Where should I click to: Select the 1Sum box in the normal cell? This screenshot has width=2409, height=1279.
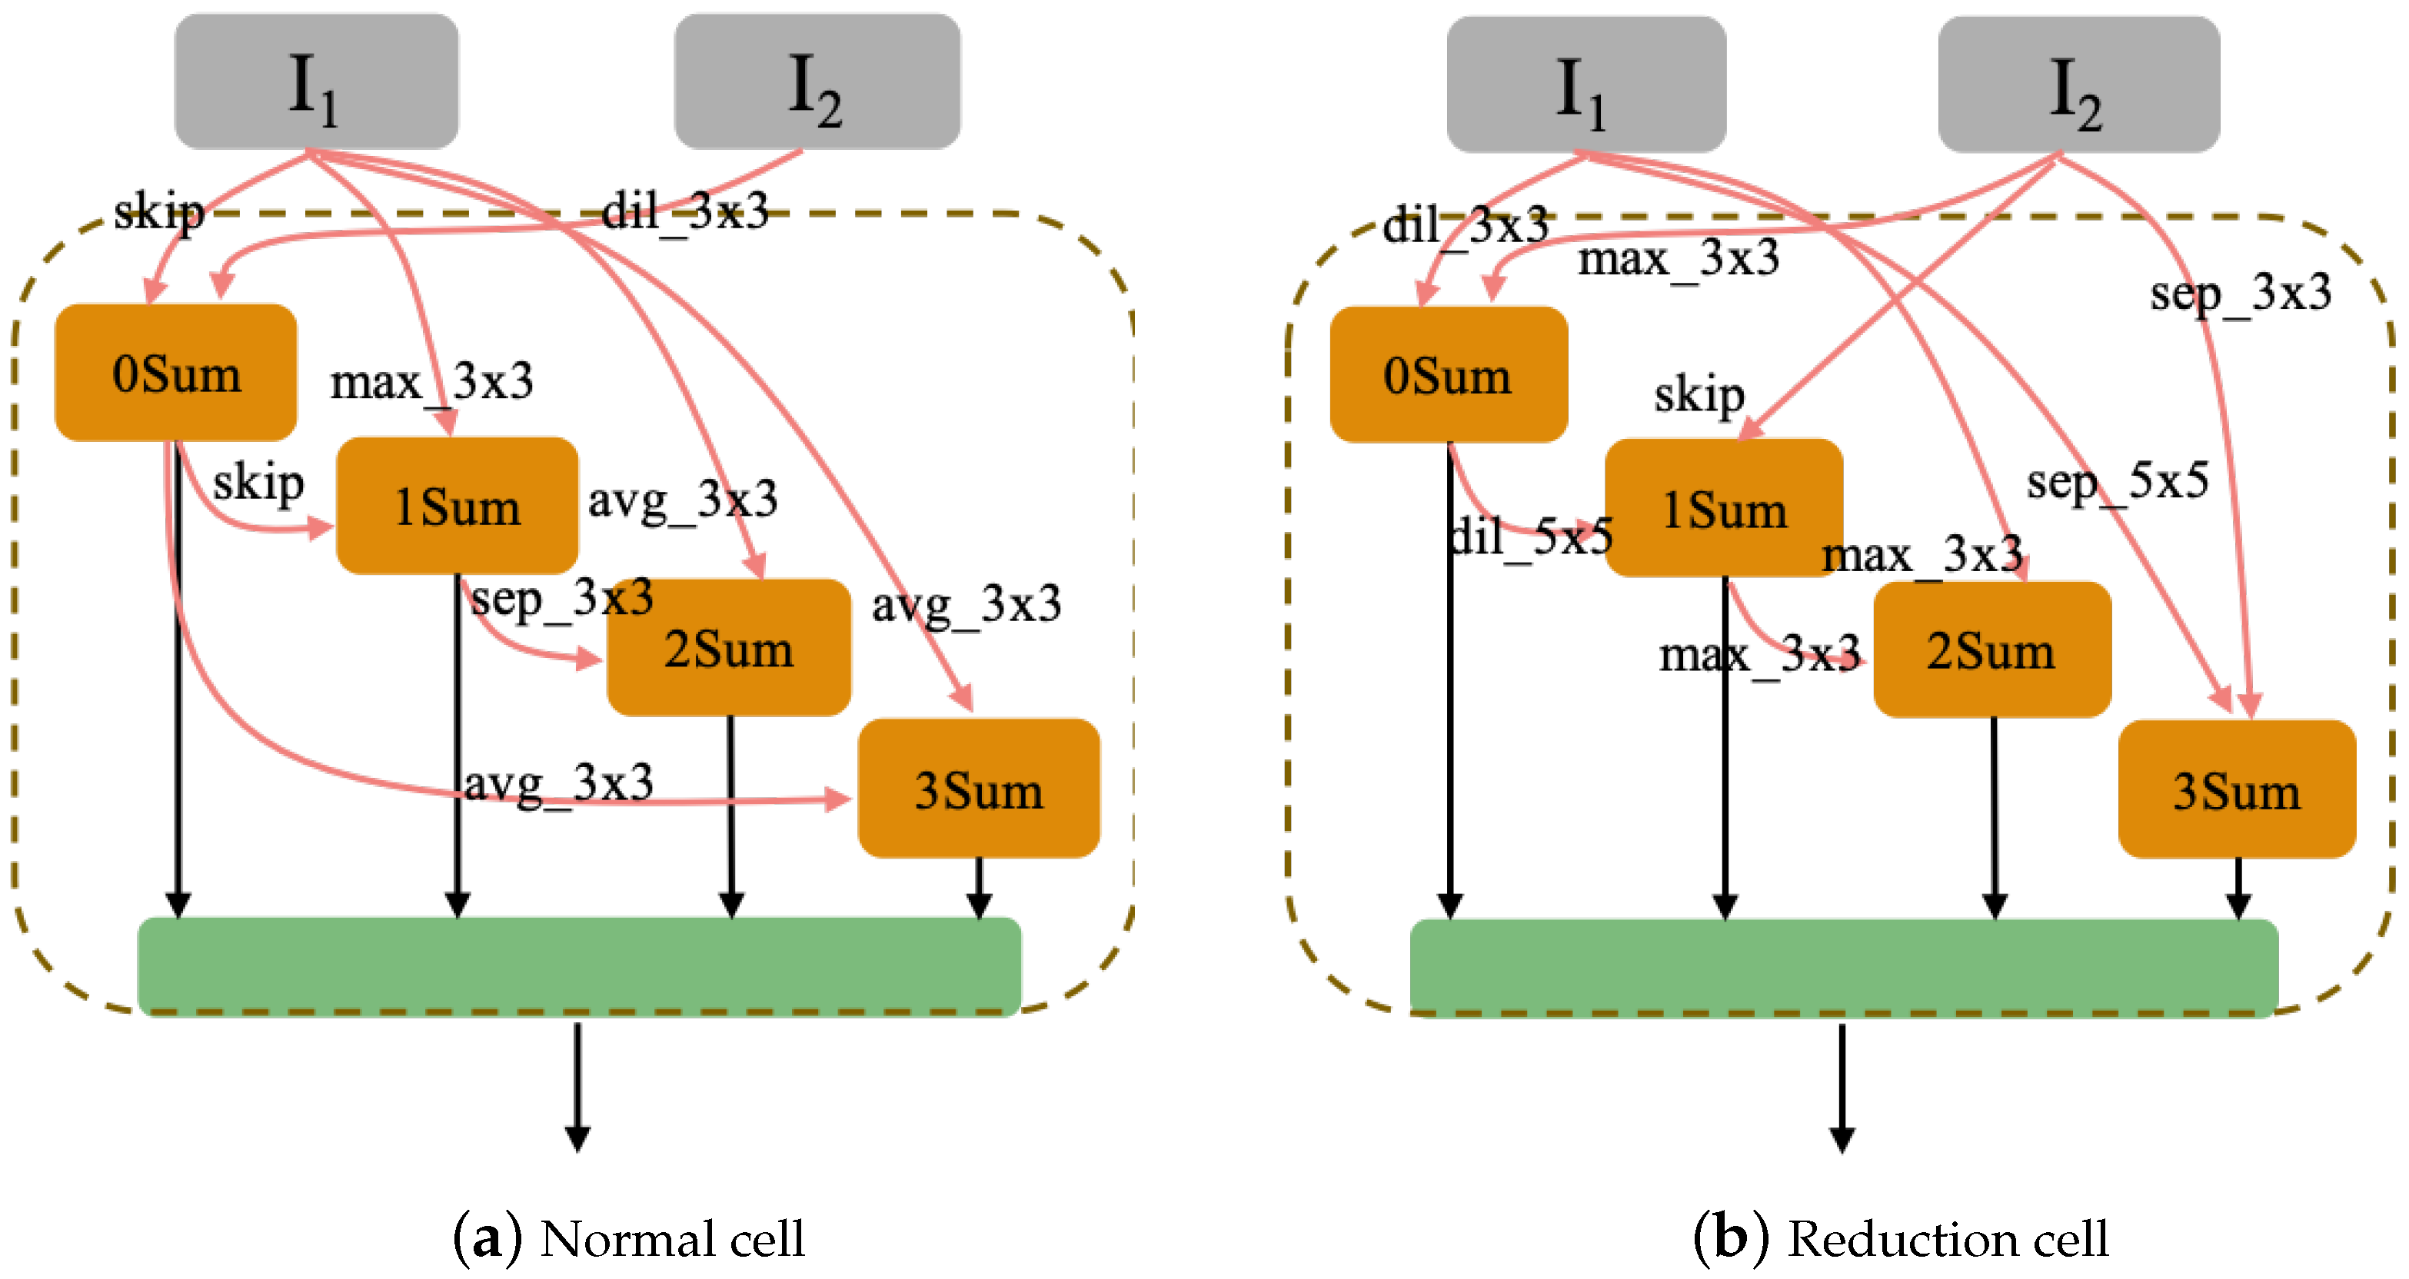pos(457,506)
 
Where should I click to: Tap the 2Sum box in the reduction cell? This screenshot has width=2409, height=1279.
pos(1992,649)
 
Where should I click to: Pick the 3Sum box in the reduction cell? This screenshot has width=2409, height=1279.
pos(2236,789)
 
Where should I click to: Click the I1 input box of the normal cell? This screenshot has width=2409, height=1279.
pos(316,81)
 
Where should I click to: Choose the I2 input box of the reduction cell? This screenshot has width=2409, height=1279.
pos(2078,84)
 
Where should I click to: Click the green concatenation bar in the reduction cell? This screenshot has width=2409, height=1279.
pos(1843,967)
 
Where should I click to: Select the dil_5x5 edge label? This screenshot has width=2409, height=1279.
pos(1531,537)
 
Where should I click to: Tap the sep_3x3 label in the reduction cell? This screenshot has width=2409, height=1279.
pos(2240,294)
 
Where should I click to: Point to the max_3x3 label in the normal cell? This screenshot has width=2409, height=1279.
pos(431,381)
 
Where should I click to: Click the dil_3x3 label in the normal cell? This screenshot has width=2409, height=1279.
pos(684,211)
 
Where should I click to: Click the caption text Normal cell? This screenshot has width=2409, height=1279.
pos(671,1239)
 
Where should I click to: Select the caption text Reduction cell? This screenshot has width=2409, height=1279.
pos(1947,1239)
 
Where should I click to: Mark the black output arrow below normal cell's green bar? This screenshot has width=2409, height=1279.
pos(578,1085)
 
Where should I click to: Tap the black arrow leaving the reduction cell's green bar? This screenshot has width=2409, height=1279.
pos(1842,1086)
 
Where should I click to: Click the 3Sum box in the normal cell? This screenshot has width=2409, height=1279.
pos(978,789)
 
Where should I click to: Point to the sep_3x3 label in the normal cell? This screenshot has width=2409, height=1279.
pos(561,598)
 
